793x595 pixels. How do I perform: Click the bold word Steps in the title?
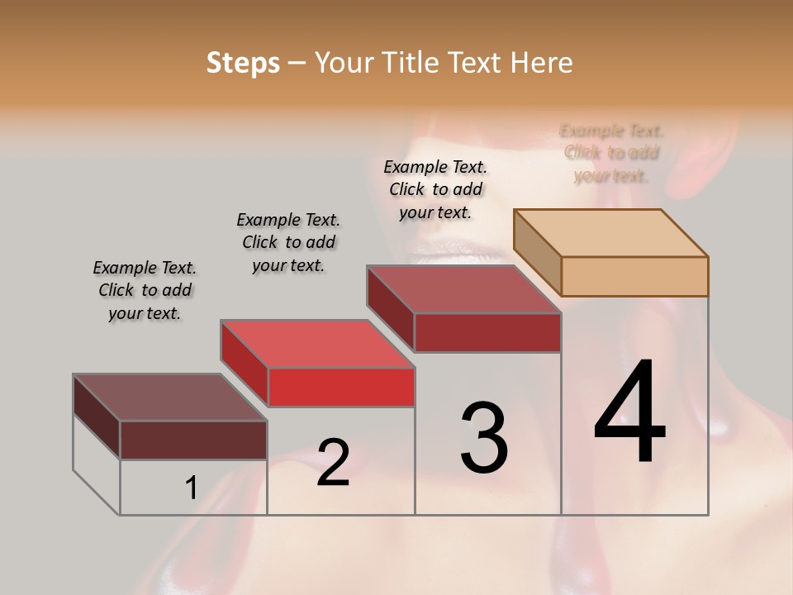click(242, 63)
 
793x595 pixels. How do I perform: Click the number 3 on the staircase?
click(484, 437)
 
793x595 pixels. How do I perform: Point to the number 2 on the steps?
click(333, 463)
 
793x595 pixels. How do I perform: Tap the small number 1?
click(191, 488)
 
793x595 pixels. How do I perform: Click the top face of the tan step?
click(611, 233)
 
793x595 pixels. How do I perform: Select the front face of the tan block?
click(634, 276)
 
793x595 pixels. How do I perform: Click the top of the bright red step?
click(318, 344)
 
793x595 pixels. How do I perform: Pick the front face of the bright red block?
click(341, 387)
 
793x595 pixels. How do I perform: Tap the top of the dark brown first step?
click(170, 397)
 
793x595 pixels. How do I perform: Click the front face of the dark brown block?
click(193, 440)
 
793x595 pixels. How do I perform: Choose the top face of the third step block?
click(464, 289)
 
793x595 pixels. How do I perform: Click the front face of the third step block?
click(487, 332)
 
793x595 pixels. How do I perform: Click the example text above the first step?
click(145, 290)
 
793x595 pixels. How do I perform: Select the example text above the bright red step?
click(288, 242)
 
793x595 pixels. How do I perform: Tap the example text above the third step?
click(435, 189)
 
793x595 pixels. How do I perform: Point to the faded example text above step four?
click(611, 153)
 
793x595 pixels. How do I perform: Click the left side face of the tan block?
click(537, 252)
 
